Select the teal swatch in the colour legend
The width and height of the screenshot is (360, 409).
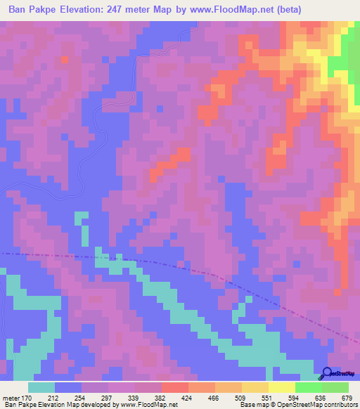point(41,388)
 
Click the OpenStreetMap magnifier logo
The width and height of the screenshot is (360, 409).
point(326,374)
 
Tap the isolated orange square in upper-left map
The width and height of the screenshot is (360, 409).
point(65,59)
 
